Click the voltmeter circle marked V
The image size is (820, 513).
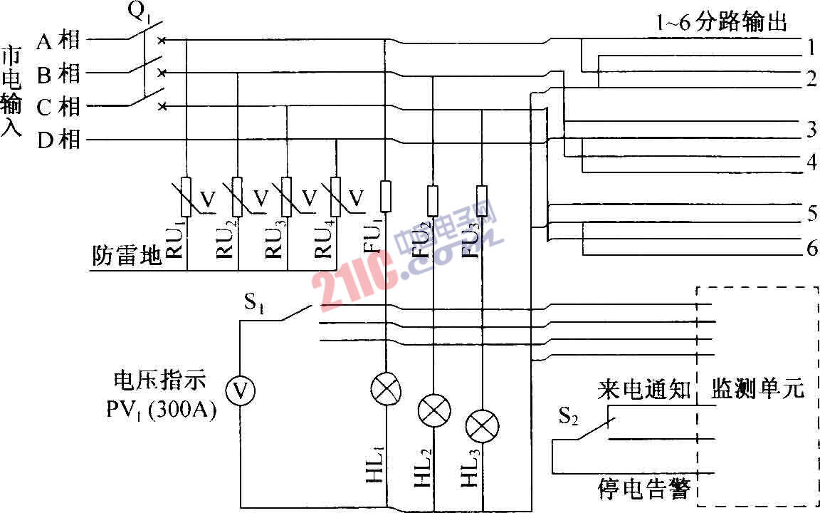tap(241, 390)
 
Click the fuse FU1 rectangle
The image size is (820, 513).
tap(385, 196)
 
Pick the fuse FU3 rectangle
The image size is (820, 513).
tap(482, 200)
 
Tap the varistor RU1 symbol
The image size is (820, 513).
tap(186, 196)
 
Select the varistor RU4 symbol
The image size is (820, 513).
tap(336, 196)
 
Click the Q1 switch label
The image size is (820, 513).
tap(138, 12)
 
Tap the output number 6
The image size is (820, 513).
tap(811, 249)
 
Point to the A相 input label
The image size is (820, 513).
tap(58, 41)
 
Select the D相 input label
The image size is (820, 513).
tap(58, 140)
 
